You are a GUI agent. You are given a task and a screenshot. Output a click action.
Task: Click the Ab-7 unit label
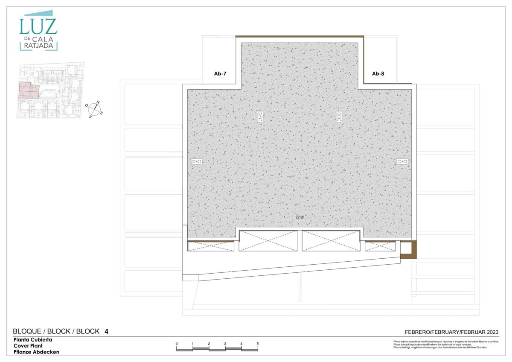coord(220,74)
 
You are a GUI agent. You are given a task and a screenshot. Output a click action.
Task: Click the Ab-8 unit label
coord(378,74)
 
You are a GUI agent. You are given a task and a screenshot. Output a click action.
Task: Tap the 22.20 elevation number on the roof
coord(300,217)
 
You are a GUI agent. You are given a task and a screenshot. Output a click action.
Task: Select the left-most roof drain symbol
coord(197,161)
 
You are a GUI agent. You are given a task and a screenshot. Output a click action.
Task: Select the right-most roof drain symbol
coord(402,161)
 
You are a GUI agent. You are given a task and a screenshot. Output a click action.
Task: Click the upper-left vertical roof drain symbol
coord(260,117)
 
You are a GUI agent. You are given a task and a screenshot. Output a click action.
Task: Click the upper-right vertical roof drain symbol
coord(339,117)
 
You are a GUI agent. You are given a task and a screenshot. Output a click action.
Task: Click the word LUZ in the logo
coord(38,26)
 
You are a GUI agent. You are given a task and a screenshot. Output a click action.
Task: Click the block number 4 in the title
coord(106,331)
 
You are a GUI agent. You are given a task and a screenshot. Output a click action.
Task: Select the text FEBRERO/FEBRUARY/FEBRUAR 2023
coord(451,332)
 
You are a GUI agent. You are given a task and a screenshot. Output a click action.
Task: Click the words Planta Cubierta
coord(33,340)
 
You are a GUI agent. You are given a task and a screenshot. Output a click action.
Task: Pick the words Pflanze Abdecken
coord(36,352)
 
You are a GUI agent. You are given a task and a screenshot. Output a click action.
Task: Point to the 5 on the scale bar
coord(258,344)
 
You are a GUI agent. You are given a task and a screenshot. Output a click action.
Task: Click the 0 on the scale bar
coord(177,344)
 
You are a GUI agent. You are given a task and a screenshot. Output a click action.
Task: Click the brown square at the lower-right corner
coord(408,250)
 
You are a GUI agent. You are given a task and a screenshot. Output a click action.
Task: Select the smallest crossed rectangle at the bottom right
coord(380,246)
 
